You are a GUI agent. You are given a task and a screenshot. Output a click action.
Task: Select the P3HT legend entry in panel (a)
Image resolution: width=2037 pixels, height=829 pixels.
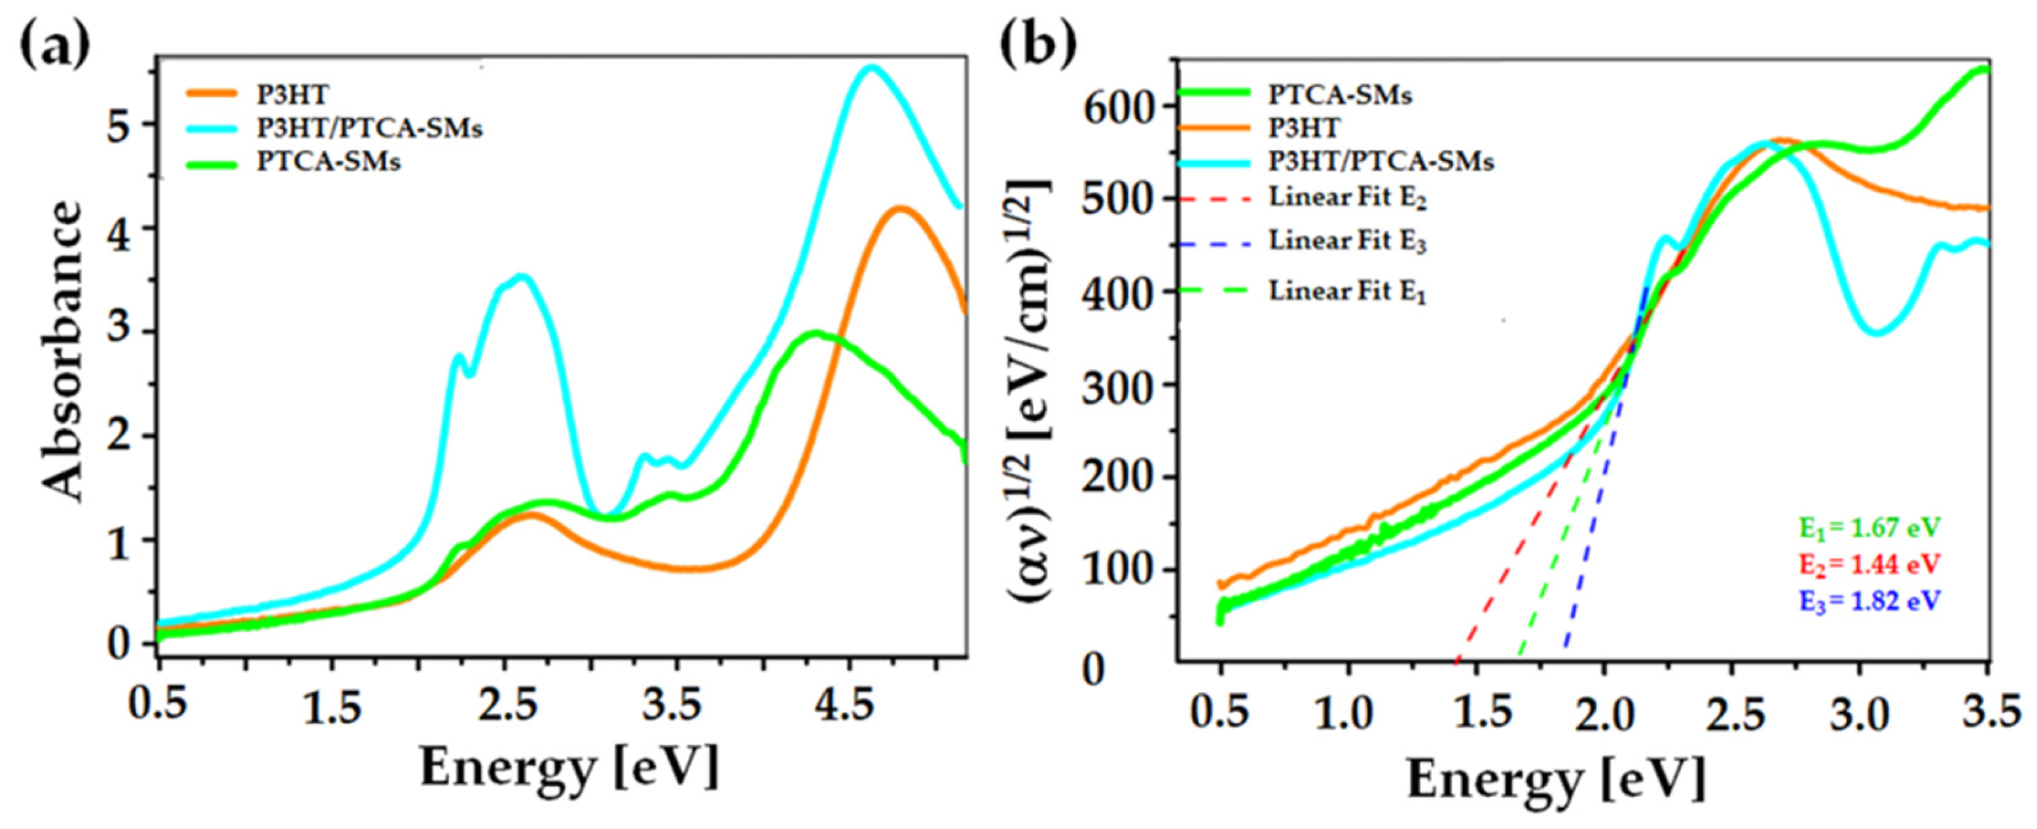292,94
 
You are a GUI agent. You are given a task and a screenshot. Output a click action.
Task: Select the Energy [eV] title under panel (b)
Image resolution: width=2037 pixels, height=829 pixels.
1555,779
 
